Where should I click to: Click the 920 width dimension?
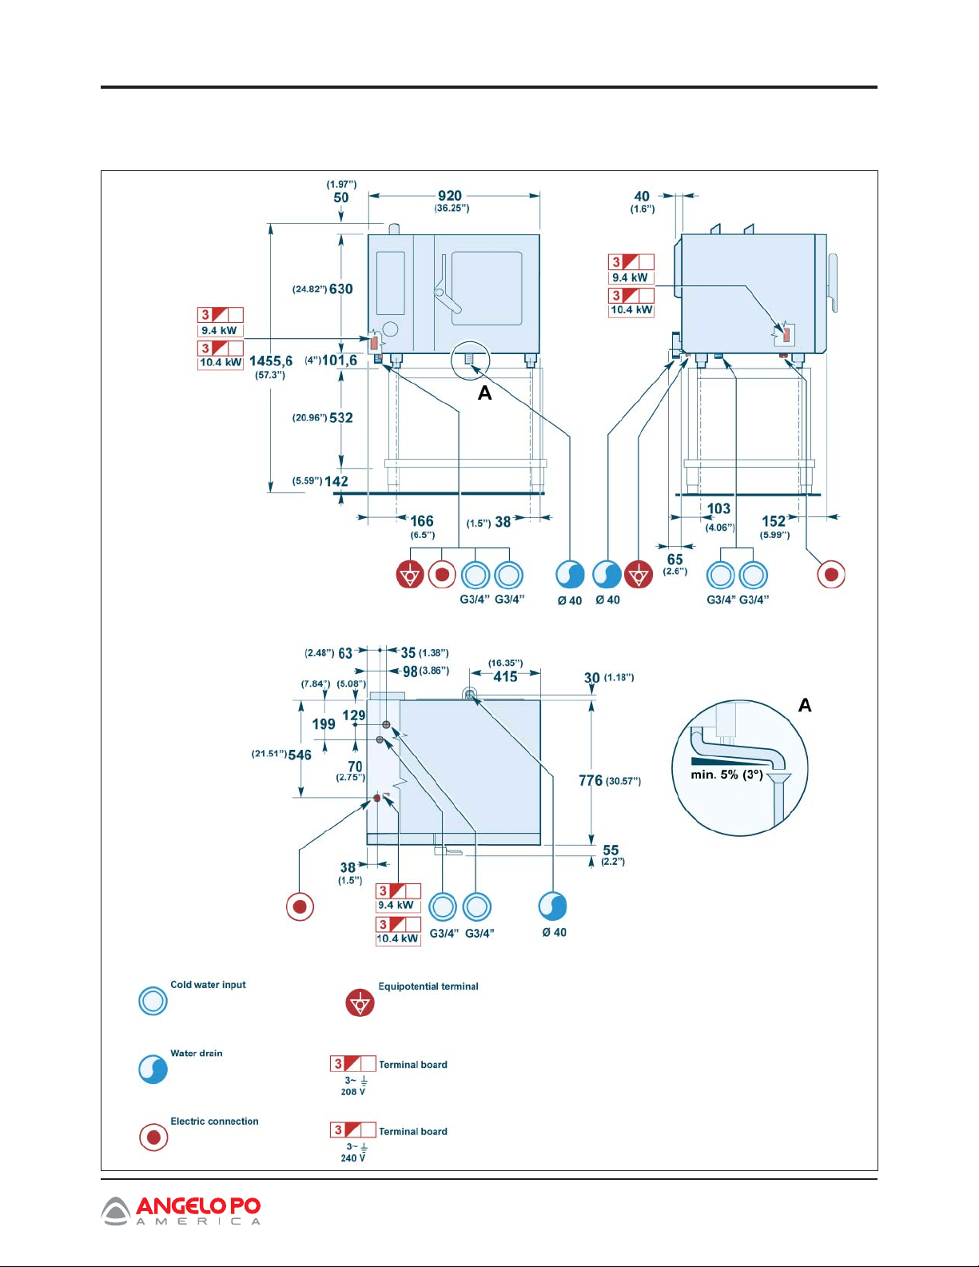pos(450,196)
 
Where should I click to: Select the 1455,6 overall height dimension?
pos(271,361)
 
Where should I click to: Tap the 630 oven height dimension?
pos(341,289)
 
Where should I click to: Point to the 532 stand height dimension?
pos(341,418)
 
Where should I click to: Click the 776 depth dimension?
pos(591,781)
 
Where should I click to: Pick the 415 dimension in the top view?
pos(505,677)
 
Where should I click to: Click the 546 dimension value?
pos(300,755)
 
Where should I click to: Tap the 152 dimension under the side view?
pos(774,522)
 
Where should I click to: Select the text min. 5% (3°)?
pos(726,775)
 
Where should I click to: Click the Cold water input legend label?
pos(208,985)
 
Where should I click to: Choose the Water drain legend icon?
pos(153,1070)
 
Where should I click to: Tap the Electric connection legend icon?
pos(153,1137)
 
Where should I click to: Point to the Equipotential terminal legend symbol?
pos(360,1003)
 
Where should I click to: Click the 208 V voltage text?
pos(353,1092)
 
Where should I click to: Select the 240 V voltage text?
pos(353,1158)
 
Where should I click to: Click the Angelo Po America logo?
pos(181,1211)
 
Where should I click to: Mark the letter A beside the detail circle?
pos(805,706)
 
